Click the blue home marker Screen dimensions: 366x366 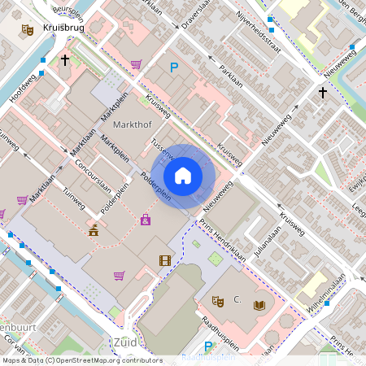tap(183, 175)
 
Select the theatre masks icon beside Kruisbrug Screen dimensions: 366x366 tap(28, 30)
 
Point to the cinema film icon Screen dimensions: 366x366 tap(166, 260)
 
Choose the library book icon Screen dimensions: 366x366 tap(259, 305)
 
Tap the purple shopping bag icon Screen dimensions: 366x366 tap(146, 219)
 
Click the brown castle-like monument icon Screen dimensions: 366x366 tap(94, 230)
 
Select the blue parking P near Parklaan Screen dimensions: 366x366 tap(172, 68)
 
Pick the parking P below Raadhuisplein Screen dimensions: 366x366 tap(208, 347)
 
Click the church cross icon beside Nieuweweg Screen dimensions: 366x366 tap(322, 93)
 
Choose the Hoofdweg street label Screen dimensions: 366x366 tap(23, 93)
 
